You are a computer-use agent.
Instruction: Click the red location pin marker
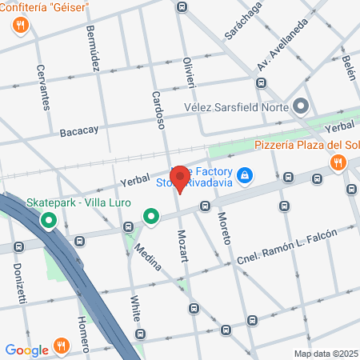click(x=181, y=178)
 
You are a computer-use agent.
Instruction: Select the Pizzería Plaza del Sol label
click(x=306, y=145)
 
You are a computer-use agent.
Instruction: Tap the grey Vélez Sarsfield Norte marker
click(x=301, y=106)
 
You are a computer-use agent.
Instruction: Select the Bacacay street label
click(x=78, y=130)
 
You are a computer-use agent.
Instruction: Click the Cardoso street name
click(x=158, y=110)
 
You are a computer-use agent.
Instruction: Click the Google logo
click(x=26, y=350)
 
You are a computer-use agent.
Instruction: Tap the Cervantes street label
click(x=44, y=86)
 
